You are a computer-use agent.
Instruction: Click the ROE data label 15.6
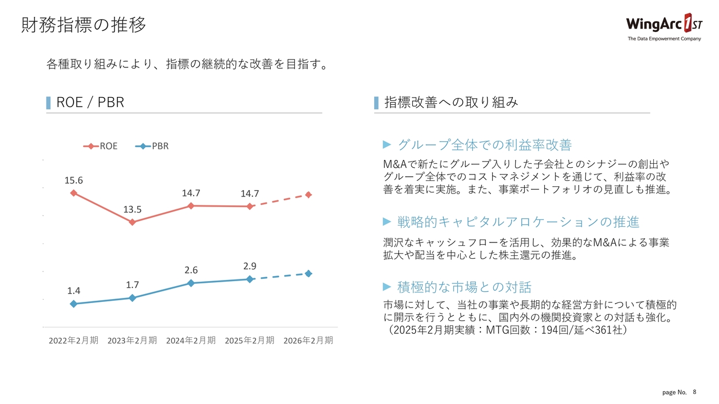74,180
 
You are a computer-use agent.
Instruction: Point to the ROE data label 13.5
133,210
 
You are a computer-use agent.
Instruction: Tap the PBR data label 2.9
250,265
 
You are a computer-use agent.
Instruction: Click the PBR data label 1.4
74,291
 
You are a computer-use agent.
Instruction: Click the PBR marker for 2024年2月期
191,283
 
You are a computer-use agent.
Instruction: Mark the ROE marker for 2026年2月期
308,195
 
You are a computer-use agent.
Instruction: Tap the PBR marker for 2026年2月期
308,273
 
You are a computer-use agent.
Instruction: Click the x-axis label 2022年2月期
74,341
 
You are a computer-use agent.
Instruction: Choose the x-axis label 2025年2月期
249,341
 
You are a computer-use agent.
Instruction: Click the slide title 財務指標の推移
84,25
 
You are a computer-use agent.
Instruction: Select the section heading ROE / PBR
90,102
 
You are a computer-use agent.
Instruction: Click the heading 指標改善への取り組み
451,102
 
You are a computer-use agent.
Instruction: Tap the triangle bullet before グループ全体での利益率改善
386,145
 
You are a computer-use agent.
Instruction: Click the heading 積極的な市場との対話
464,287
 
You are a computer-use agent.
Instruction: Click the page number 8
695,392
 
